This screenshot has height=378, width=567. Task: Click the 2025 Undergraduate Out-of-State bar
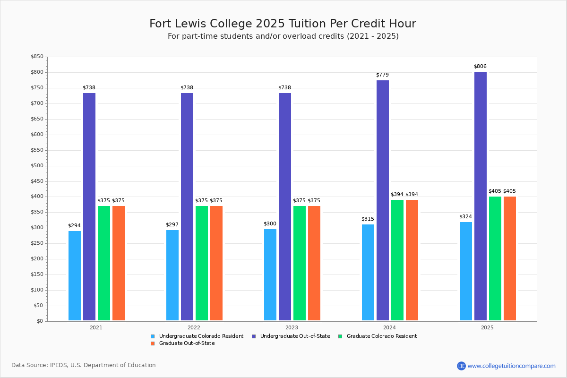(x=480, y=196)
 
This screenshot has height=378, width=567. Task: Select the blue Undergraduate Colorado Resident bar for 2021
(x=75, y=275)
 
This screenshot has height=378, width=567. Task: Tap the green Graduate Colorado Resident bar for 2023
(x=300, y=263)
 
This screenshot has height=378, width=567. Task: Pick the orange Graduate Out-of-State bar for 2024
(x=412, y=260)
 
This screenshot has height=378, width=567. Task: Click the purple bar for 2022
(x=187, y=206)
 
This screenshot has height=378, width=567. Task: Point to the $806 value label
(x=480, y=67)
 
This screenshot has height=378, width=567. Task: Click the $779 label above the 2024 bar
(x=382, y=75)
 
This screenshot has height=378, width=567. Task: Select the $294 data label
(x=74, y=226)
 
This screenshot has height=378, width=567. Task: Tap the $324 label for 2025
(x=465, y=217)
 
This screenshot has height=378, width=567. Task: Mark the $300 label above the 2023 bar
(x=270, y=224)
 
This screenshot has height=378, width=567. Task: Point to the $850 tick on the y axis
(x=37, y=57)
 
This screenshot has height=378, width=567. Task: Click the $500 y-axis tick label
(x=37, y=166)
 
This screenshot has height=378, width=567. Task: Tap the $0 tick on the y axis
(x=39, y=321)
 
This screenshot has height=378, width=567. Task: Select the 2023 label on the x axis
(x=292, y=327)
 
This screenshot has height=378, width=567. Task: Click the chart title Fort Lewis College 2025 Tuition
(x=283, y=24)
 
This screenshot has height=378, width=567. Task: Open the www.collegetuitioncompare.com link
(x=511, y=366)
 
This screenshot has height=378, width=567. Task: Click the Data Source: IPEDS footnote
(x=84, y=365)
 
